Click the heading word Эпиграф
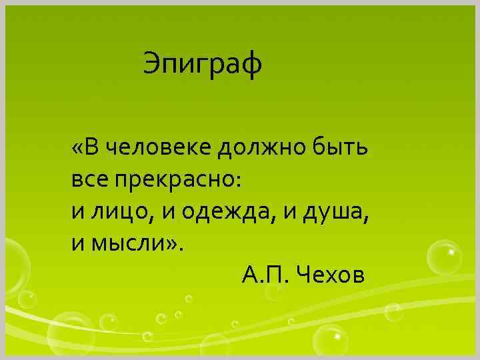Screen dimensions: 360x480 click(x=203, y=65)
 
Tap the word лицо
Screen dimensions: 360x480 click(x=123, y=211)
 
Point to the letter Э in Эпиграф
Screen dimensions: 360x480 click(x=151, y=65)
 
